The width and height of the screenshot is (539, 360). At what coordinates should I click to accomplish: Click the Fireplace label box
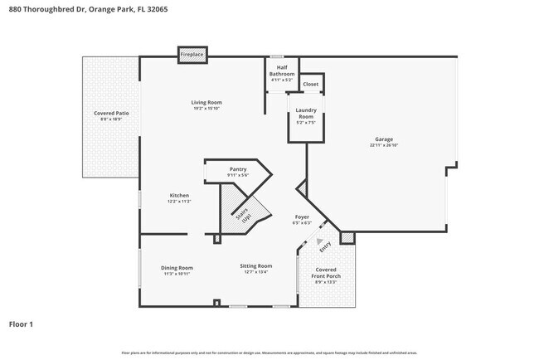tap(192, 55)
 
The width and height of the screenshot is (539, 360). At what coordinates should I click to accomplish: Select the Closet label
tap(311, 85)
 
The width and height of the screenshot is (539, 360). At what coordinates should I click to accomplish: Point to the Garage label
tap(384, 139)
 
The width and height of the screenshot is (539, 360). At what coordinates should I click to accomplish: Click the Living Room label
tap(206, 102)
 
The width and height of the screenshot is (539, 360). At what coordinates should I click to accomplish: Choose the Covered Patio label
tap(110, 113)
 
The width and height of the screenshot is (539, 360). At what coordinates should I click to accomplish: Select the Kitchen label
tap(179, 196)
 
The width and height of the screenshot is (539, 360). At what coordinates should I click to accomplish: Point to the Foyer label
tap(302, 217)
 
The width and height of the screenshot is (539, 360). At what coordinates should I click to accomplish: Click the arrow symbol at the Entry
tap(321, 241)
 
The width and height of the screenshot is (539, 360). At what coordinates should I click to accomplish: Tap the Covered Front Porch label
tap(325, 274)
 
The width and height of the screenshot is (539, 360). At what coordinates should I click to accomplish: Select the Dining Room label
tap(177, 268)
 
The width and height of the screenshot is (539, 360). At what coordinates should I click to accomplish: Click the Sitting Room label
tap(256, 266)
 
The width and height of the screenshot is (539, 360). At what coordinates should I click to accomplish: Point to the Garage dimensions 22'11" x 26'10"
tap(384, 145)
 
